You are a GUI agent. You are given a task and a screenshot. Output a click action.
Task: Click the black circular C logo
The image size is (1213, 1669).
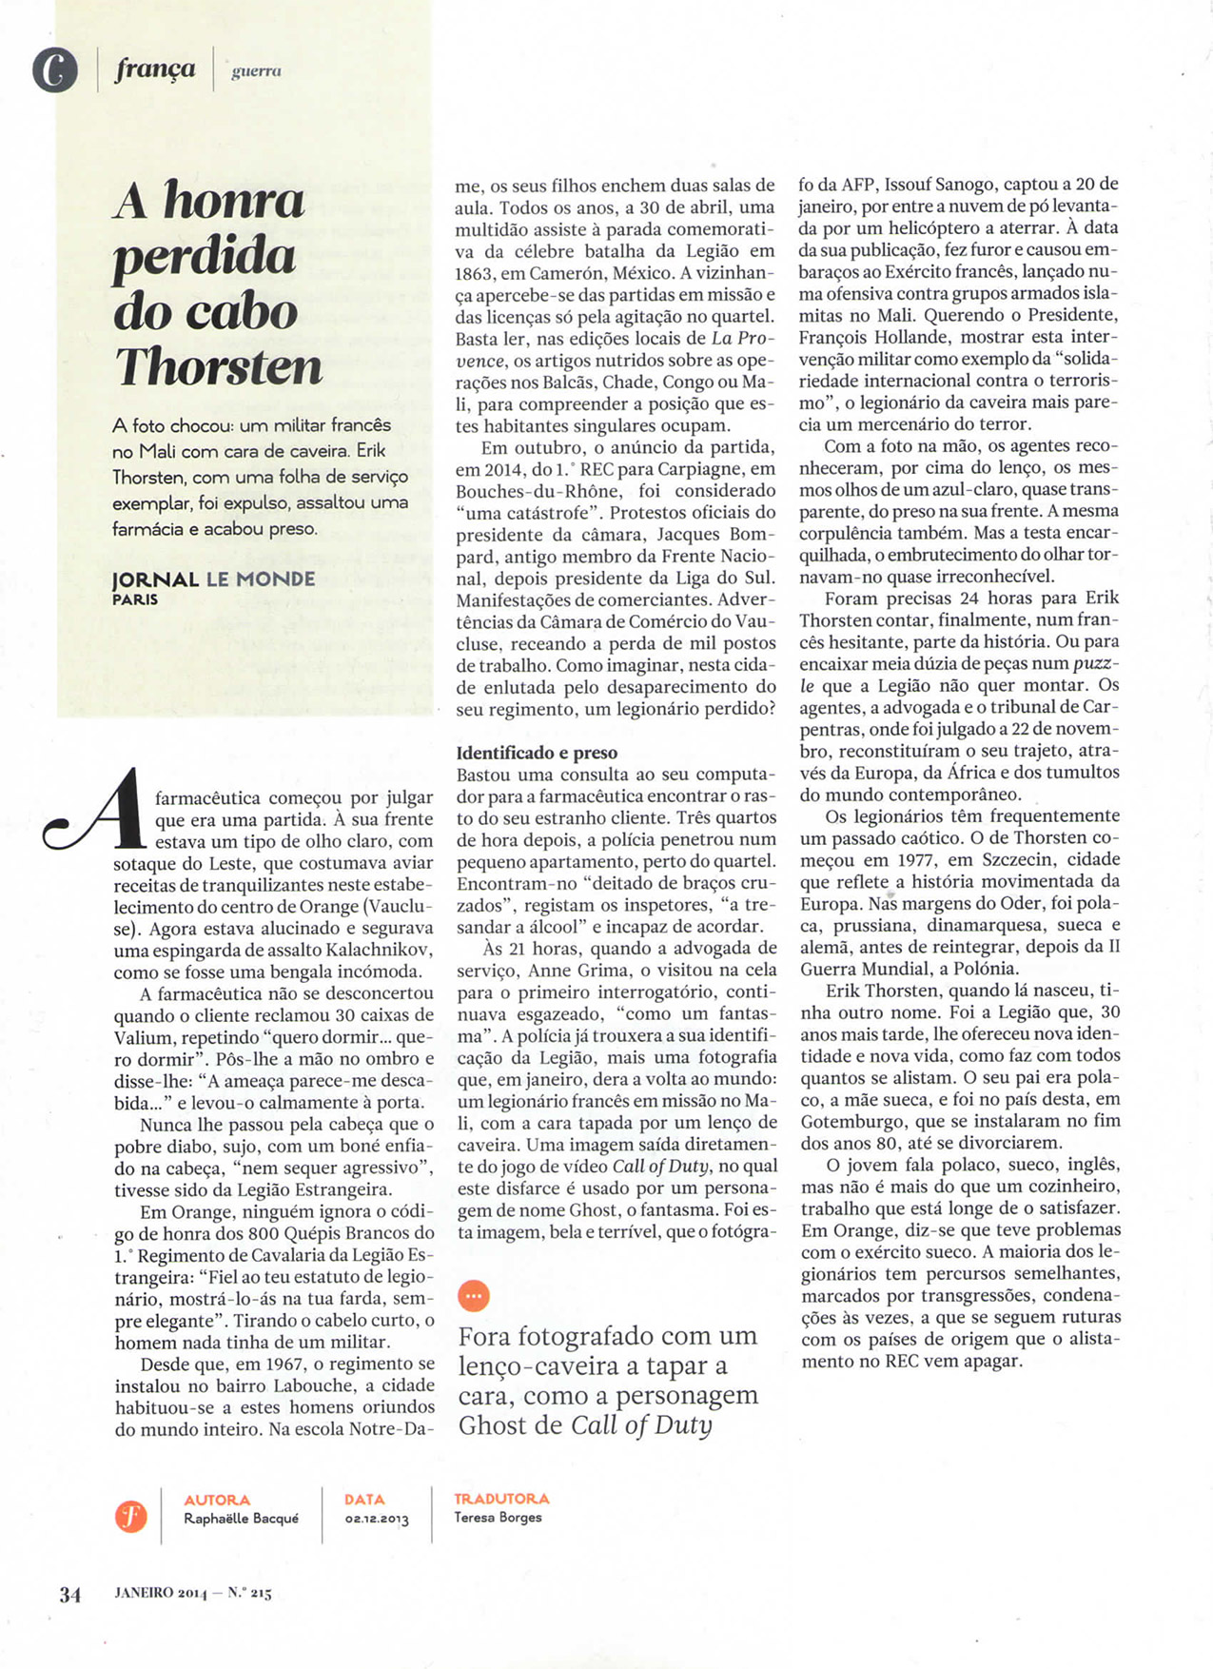tap(55, 69)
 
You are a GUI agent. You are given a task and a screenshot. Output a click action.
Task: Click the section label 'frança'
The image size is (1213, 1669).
tap(156, 69)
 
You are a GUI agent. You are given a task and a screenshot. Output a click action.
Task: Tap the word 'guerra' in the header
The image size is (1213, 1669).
tap(256, 70)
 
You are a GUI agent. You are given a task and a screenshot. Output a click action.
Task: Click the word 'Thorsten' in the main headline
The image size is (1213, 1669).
tap(219, 366)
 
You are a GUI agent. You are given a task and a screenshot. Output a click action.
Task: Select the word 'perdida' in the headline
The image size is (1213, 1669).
tap(204, 256)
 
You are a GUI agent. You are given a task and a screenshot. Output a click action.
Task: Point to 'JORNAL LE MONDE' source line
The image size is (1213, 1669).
tap(213, 579)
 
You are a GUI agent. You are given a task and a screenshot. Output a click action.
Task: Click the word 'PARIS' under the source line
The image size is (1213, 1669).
tap(135, 599)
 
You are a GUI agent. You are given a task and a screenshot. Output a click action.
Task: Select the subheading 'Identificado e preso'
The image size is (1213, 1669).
tap(537, 753)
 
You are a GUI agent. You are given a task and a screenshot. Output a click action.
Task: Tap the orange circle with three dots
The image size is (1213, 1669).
tap(474, 1295)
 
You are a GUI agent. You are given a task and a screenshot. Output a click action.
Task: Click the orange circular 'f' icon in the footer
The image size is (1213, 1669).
tap(131, 1516)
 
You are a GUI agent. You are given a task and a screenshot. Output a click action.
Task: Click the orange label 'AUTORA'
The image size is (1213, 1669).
tap(217, 1500)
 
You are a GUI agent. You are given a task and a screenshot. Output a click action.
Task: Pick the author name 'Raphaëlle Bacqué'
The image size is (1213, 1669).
tap(241, 1519)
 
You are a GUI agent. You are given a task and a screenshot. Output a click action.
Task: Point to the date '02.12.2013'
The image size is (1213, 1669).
tap(377, 1520)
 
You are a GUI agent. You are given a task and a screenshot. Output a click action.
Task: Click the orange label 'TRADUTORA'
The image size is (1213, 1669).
tap(501, 1499)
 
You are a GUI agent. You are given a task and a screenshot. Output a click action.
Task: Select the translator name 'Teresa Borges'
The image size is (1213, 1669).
tap(498, 1518)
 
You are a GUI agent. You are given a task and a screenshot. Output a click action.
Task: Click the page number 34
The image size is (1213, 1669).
tap(70, 1595)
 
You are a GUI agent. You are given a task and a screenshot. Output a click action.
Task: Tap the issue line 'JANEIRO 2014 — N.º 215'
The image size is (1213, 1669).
tap(193, 1594)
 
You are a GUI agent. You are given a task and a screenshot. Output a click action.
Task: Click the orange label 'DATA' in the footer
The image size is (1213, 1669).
tap(364, 1500)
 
